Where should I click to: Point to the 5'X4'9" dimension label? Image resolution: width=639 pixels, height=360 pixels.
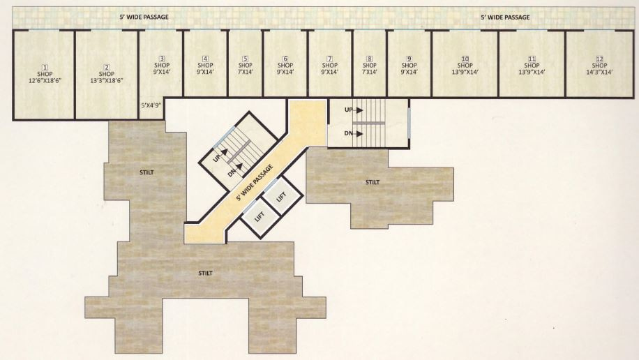[152, 105]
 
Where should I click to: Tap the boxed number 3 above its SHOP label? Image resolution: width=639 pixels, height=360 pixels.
[162, 58]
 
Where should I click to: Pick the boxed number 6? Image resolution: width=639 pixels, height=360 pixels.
[285, 58]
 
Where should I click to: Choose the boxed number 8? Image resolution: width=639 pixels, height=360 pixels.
[369, 58]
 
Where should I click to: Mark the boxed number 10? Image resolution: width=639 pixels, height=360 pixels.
[464, 58]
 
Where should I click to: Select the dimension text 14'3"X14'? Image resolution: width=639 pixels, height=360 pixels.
[598, 72]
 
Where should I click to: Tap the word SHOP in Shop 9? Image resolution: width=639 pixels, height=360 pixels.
[409, 65]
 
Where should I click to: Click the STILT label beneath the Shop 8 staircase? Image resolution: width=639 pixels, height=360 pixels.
[373, 182]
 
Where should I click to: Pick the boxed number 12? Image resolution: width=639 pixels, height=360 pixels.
[598, 58]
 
